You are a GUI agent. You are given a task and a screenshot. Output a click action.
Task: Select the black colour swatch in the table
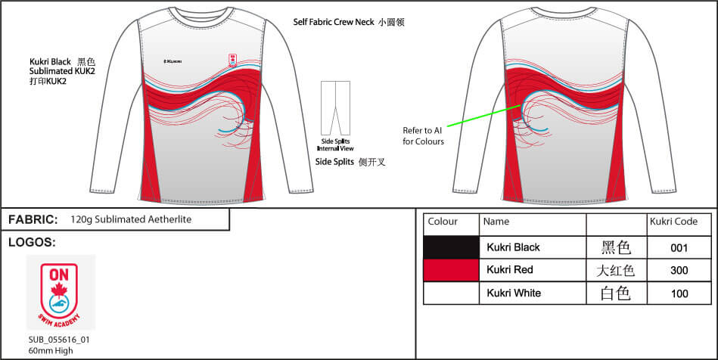(451, 247)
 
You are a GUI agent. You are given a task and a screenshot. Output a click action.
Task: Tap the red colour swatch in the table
(451, 270)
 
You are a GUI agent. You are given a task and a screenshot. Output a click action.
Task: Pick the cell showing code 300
(679, 270)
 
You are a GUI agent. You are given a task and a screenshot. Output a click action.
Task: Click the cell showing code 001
(679, 247)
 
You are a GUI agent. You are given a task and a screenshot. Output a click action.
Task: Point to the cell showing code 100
(679, 293)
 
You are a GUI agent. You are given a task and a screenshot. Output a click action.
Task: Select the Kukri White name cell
(514, 293)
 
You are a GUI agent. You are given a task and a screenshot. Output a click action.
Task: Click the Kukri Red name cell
(511, 270)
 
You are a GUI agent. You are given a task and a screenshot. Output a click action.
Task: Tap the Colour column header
(443, 222)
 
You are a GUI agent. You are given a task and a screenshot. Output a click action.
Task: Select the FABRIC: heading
(33, 219)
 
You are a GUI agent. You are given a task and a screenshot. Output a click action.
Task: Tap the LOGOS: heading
(32, 243)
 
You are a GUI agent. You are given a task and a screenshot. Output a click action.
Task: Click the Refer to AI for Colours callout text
(424, 136)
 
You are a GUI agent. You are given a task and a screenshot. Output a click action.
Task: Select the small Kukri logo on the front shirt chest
(173, 61)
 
